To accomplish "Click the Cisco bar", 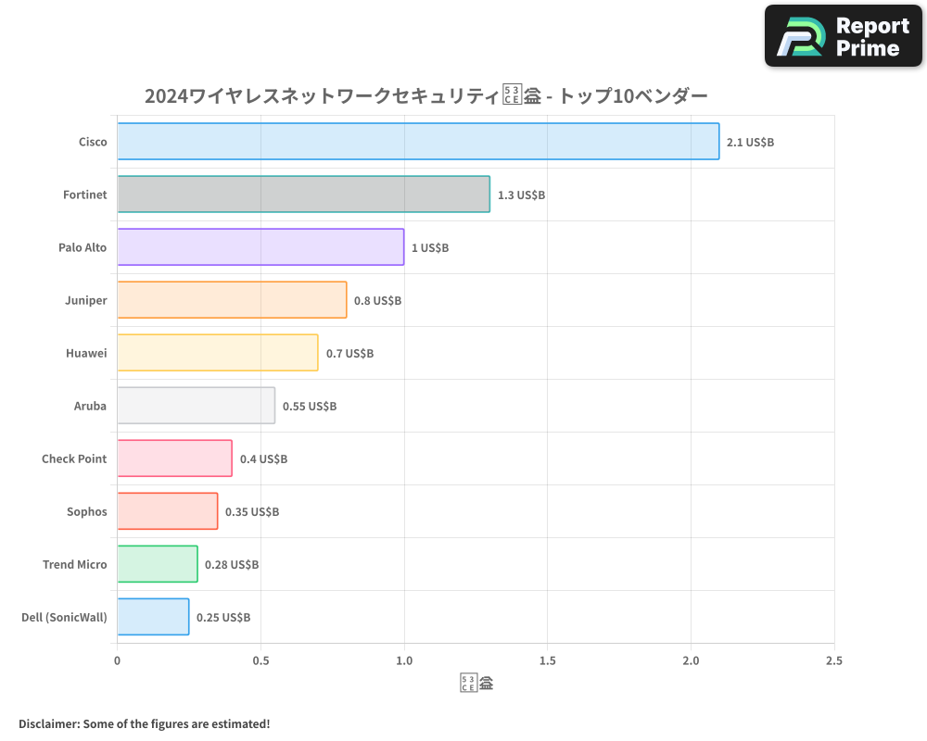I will pos(417,142).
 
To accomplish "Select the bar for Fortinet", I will pos(303,195).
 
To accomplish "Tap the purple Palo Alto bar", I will pos(260,247).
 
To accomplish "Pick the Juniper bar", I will pos(232,300).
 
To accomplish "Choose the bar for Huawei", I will pos(217,353).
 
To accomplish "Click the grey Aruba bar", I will pos(196,406).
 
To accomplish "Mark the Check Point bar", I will pos(174,458).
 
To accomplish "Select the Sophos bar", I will pos(167,511).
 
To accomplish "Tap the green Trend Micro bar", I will pos(157,564).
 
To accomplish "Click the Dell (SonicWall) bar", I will pos(153,617).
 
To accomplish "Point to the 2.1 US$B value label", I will pos(750,143).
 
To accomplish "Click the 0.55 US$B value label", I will pos(310,407).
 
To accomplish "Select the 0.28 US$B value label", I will pos(232,565).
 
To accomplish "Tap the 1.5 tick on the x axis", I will pos(547,660).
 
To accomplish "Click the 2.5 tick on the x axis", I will pos(833,660).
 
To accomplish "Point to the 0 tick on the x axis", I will pos(117,660).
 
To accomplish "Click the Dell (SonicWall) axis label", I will pos(64,617).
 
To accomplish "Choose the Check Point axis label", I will pos(74,458).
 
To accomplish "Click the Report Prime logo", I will pos(844,36).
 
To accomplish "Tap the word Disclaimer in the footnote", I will pos(48,723).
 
